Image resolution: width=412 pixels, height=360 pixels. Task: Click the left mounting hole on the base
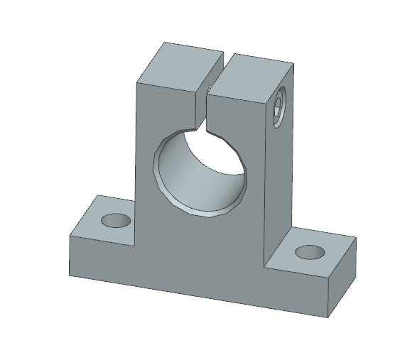(x=116, y=221)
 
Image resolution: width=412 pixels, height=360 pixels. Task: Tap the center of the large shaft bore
(x=201, y=170)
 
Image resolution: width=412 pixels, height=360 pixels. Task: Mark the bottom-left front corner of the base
(x=69, y=276)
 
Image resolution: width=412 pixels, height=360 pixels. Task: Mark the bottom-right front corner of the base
(x=329, y=315)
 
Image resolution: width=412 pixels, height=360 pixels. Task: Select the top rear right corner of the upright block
(x=293, y=65)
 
